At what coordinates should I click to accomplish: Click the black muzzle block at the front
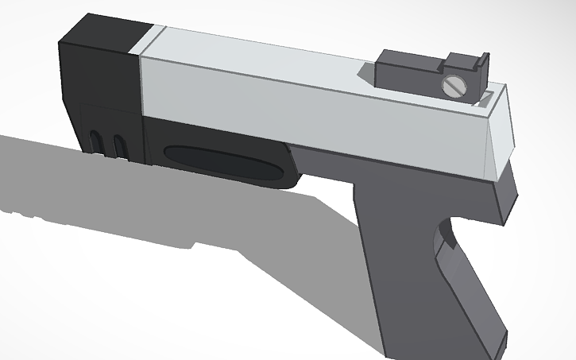pos(99,75)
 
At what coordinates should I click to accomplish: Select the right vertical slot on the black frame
pos(120,145)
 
